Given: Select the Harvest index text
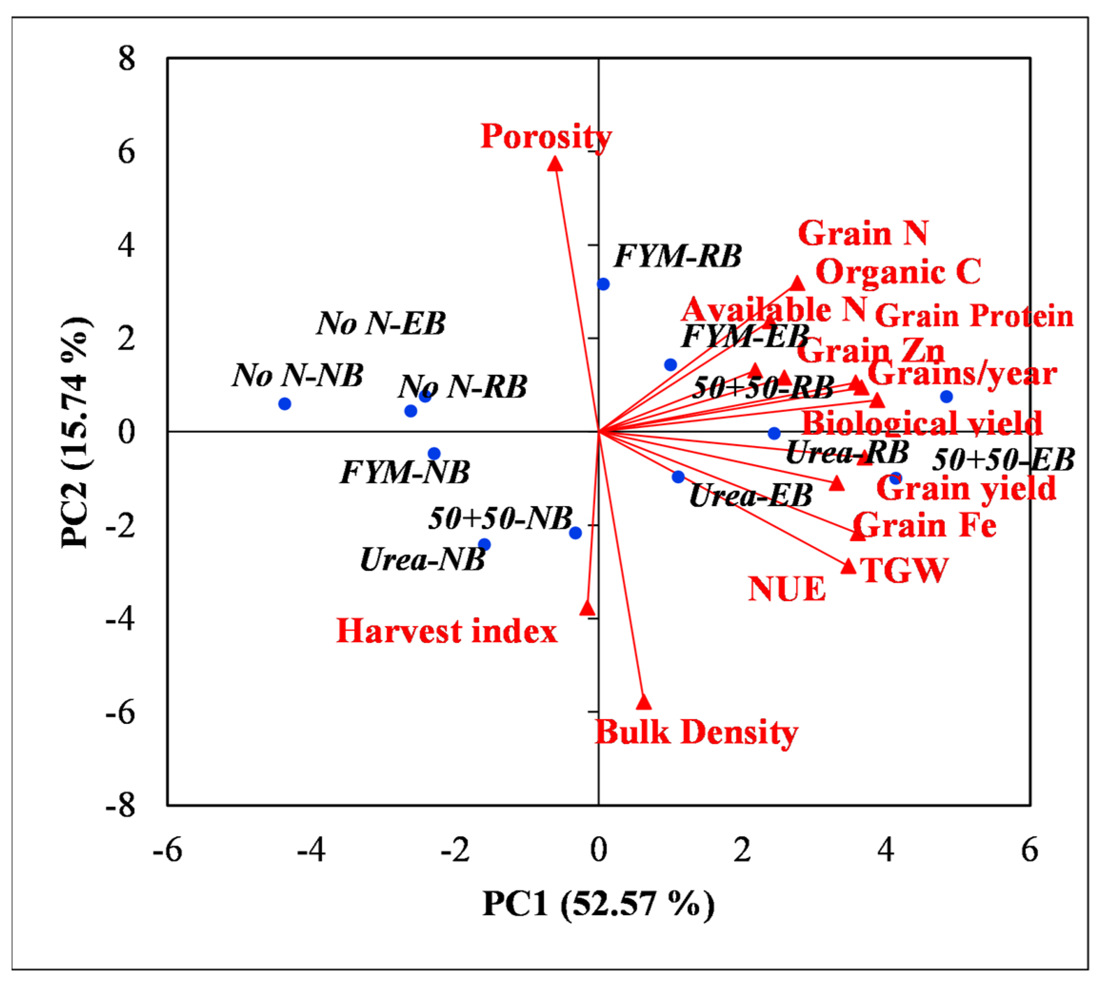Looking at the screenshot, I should coord(446,631).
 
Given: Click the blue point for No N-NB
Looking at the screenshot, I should coord(285,404).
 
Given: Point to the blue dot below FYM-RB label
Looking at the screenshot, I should coord(604,284).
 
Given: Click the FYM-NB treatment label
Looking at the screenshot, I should coord(405,472).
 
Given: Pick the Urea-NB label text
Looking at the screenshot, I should coord(422,560).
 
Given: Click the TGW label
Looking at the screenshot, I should coord(903,570).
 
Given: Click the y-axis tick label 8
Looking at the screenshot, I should coord(126,58).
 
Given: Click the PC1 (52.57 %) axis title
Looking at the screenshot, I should coord(598,904).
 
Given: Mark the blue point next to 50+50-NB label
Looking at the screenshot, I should coord(575,533).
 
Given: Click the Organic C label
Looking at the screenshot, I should coord(898,272).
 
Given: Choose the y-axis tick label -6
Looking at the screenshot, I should coord(120,712).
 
